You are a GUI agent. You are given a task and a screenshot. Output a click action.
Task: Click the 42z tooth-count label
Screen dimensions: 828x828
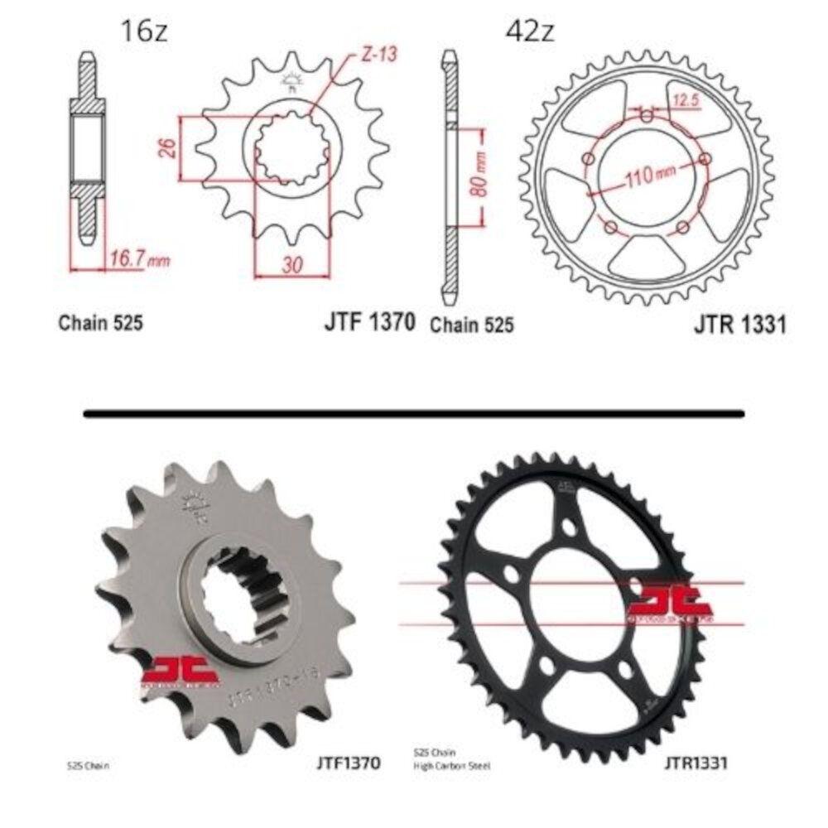click(x=529, y=32)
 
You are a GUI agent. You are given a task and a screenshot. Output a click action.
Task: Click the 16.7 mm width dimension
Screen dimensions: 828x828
click(x=138, y=260)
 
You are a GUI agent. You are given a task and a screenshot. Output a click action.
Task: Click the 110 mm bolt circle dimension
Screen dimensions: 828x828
click(x=648, y=173)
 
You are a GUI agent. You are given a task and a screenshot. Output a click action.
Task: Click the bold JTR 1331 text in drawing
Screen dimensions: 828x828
click(x=739, y=325)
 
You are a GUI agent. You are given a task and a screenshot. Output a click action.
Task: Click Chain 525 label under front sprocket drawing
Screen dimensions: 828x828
click(x=100, y=323)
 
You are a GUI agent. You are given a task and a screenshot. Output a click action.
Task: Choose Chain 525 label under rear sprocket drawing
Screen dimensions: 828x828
click(x=471, y=325)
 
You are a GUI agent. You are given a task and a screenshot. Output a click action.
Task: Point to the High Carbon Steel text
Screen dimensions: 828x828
click(x=451, y=767)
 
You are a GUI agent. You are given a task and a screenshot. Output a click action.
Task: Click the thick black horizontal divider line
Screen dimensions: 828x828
click(x=414, y=412)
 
